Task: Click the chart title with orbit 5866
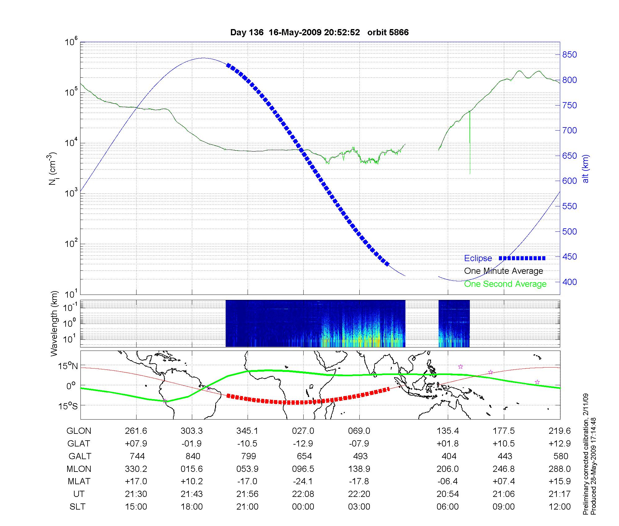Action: click(319, 32)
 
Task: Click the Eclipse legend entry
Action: click(478, 258)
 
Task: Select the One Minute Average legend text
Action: click(504, 271)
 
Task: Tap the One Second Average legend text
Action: click(505, 284)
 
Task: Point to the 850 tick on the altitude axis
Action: click(569, 55)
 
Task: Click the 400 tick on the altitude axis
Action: click(569, 282)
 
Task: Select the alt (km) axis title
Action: click(586, 169)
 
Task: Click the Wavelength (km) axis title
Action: click(54, 323)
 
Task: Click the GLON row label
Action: click(79, 431)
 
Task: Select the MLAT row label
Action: click(79, 481)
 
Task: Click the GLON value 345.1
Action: click(247, 431)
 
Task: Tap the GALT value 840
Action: click(193, 456)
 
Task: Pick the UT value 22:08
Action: click(303, 494)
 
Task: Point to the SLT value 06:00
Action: click(448, 507)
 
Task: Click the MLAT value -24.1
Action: click(303, 481)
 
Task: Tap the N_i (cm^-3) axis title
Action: click(53, 169)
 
